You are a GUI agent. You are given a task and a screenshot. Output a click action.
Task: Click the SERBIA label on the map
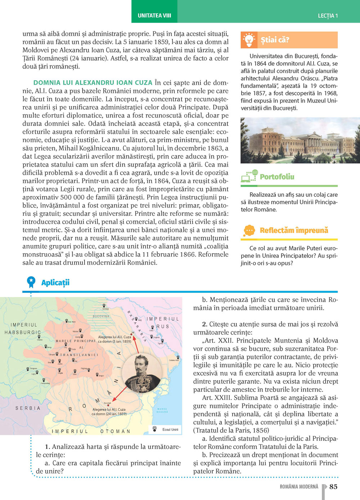28,408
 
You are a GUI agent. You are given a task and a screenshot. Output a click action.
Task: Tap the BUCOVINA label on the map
101,316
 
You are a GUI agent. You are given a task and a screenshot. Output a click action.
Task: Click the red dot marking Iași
131,334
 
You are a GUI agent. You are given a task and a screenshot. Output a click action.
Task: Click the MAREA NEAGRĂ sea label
162,410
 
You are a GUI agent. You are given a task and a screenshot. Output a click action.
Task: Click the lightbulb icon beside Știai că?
249,40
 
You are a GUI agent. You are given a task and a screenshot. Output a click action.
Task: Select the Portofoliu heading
277,177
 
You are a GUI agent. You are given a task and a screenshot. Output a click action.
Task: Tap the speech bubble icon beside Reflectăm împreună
249,230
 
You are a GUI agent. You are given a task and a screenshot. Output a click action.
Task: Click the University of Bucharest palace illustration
300,140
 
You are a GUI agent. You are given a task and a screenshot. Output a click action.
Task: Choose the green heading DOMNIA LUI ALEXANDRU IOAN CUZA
93,83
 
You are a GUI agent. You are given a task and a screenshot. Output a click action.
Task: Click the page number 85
333,487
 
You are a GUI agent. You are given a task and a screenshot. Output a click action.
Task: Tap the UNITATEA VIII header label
154,15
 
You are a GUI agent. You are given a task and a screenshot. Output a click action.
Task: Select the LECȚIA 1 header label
328,16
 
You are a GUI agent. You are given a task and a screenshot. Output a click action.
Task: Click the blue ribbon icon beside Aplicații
31,282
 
